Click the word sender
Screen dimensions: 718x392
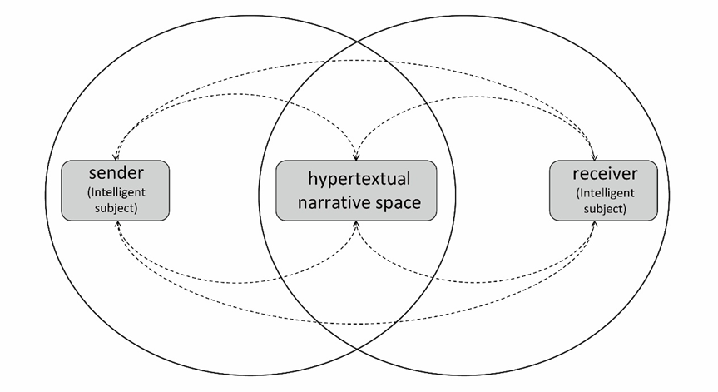116,173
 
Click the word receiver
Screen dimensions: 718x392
605,174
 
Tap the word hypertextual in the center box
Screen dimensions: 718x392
359,179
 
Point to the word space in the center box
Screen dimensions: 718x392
398,203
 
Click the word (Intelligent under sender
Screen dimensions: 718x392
116,192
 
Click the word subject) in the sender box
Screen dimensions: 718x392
116,208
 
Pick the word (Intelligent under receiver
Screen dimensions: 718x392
605,193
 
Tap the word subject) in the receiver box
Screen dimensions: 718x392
605,209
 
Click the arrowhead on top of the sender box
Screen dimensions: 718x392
116,157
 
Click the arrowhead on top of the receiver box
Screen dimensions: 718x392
595,157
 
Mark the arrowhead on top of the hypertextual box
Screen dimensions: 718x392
356,157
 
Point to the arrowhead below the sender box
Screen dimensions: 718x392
117,224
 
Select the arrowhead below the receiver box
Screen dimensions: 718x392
595,224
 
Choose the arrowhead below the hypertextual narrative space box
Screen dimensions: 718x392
356,224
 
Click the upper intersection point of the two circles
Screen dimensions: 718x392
357,42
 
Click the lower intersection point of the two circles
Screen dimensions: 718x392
357,349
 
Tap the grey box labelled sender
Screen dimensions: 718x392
116,191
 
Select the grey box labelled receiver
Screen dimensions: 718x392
603,191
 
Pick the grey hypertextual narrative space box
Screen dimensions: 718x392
356,191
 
